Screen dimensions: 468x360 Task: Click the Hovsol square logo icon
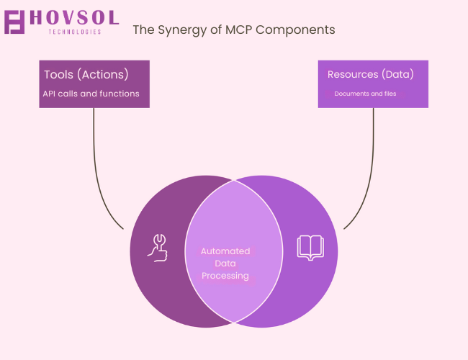click(x=14, y=22)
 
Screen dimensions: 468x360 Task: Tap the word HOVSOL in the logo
click(x=74, y=17)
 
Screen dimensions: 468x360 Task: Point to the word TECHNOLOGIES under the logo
click(x=75, y=32)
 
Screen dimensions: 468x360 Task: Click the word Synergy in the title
click(x=181, y=30)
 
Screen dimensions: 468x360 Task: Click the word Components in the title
click(x=295, y=30)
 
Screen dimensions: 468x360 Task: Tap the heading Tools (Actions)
click(x=86, y=75)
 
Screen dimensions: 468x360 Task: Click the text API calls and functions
click(x=91, y=94)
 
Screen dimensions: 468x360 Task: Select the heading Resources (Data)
click(x=370, y=74)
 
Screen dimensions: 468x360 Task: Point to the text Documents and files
click(x=365, y=94)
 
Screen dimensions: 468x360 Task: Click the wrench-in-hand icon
click(x=158, y=248)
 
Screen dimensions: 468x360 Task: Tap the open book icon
click(x=310, y=248)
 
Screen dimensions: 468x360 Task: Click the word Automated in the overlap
click(x=225, y=251)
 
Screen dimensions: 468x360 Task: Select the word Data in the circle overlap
click(x=225, y=264)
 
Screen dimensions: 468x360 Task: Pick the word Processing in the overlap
click(x=225, y=276)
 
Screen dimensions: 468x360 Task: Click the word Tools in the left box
click(x=58, y=75)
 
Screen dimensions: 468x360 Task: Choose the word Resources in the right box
click(x=353, y=74)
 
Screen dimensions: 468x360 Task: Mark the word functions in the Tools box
click(x=120, y=94)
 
